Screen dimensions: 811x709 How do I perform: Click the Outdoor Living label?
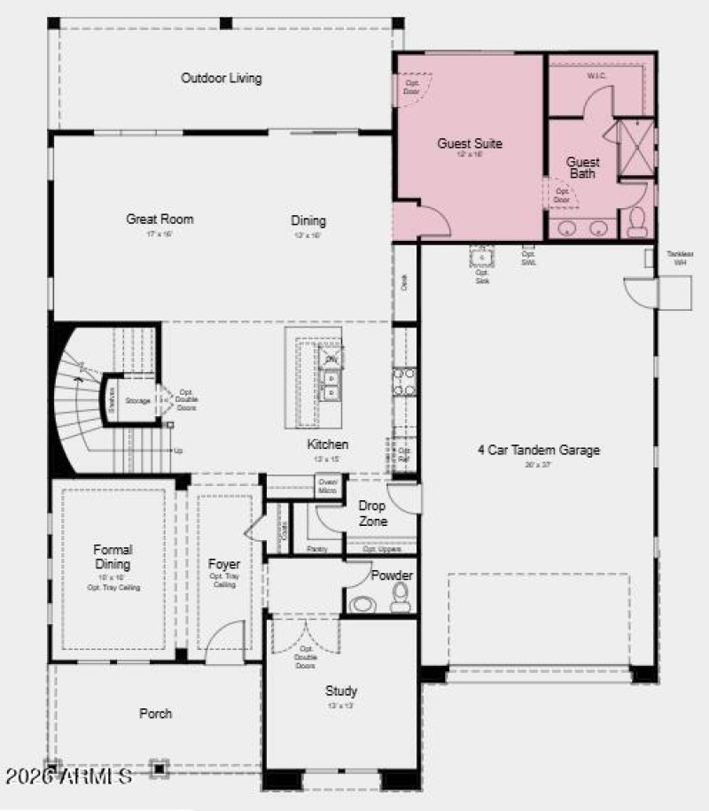[x=222, y=78]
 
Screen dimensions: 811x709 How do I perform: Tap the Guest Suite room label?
[x=470, y=143]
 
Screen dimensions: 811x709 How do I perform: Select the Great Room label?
[x=160, y=220]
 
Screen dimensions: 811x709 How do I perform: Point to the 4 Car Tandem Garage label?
[x=539, y=450]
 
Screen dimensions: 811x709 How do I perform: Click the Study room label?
[x=341, y=691]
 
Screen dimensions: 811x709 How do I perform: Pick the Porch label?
[x=156, y=714]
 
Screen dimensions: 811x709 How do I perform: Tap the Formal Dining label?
[x=113, y=557]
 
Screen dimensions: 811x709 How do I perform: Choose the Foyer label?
[x=224, y=564]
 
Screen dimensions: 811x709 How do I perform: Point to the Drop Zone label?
[x=372, y=514]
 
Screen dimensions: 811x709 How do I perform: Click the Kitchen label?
[x=328, y=444]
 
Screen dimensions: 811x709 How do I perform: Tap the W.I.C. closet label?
[x=596, y=76]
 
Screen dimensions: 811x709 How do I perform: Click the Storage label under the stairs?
[x=137, y=401]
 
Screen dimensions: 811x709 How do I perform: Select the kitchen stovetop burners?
[x=404, y=381]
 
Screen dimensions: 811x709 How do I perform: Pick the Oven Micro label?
[x=327, y=486]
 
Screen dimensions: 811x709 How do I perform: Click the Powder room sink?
[x=362, y=606]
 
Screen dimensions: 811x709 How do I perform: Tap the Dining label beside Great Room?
[x=308, y=220]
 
